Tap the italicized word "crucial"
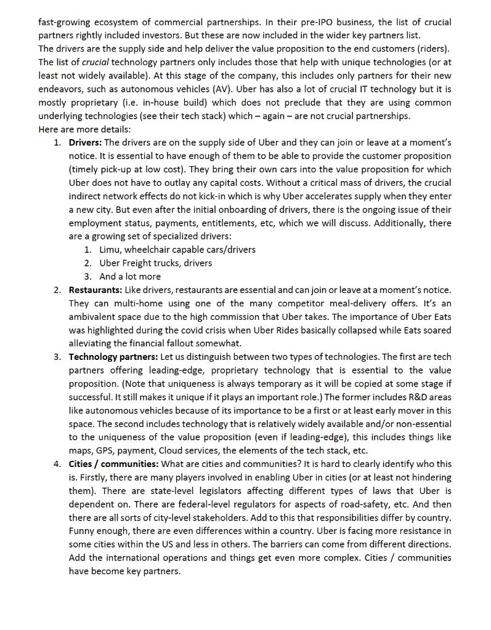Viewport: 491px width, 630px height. pyautogui.click(x=95, y=62)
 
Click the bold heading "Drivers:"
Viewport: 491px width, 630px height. pyautogui.click(x=85, y=143)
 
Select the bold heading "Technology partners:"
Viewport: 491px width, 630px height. pyautogui.click(x=113, y=357)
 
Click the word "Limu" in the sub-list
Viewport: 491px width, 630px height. pyautogui.click(x=110, y=250)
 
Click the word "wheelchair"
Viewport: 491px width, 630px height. pyautogui.click(x=155, y=250)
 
